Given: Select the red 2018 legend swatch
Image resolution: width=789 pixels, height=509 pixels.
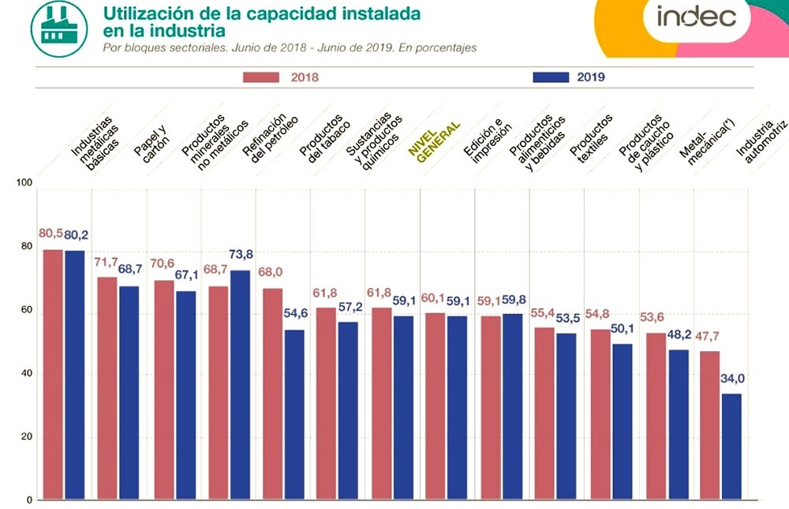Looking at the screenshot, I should click(x=261, y=77).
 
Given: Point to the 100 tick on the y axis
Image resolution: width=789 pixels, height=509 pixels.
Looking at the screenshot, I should click(x=24, y=183).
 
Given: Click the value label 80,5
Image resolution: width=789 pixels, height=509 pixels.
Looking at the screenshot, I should click(x=50, y=234).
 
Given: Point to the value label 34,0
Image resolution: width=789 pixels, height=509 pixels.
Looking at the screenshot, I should click(x=732, y=379).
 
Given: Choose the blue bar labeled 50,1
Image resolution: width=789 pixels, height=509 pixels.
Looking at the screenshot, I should click(x=623, y=421).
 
